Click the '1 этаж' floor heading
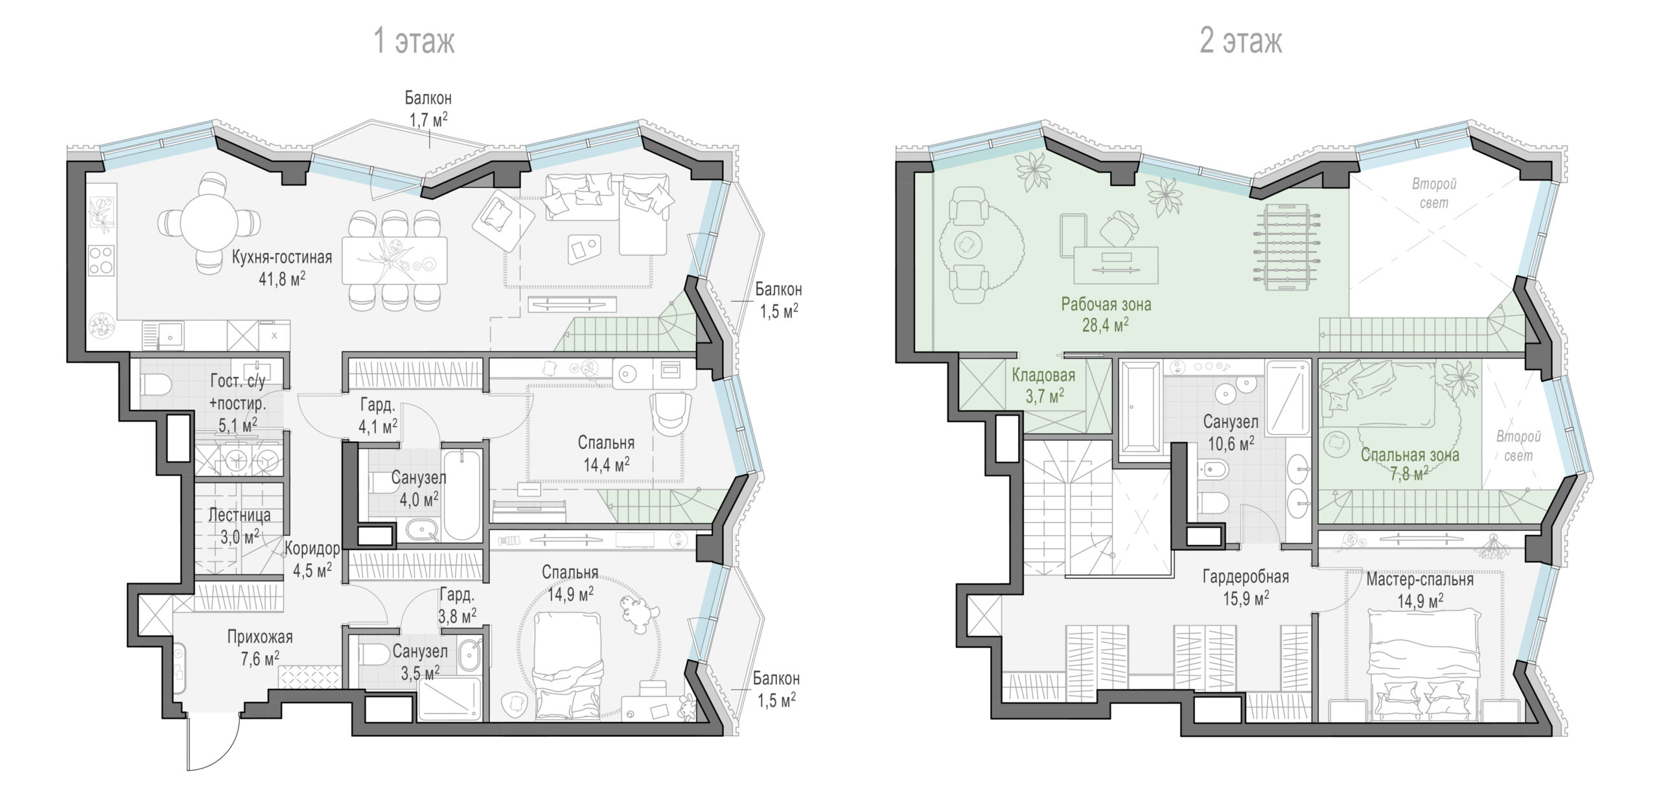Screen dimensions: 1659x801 (x=415, y=41)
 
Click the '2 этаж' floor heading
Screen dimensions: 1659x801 (x=1241, y=41)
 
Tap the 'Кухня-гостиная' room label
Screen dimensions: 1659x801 (x=282, y=257)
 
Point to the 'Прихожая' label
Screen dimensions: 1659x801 (x=260, y=637)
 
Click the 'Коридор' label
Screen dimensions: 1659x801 (x=312, y=549)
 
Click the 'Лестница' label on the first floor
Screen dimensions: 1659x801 (x=239, y=515)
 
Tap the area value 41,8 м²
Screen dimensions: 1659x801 (x=282, y=280)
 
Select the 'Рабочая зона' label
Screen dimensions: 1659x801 (x=1106, y=304)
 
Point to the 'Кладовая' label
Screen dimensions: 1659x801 (x=1044, y=375)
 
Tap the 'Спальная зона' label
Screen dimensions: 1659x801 (x=1410, y=455)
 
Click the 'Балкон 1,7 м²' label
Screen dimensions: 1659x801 (x=428, y=108)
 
